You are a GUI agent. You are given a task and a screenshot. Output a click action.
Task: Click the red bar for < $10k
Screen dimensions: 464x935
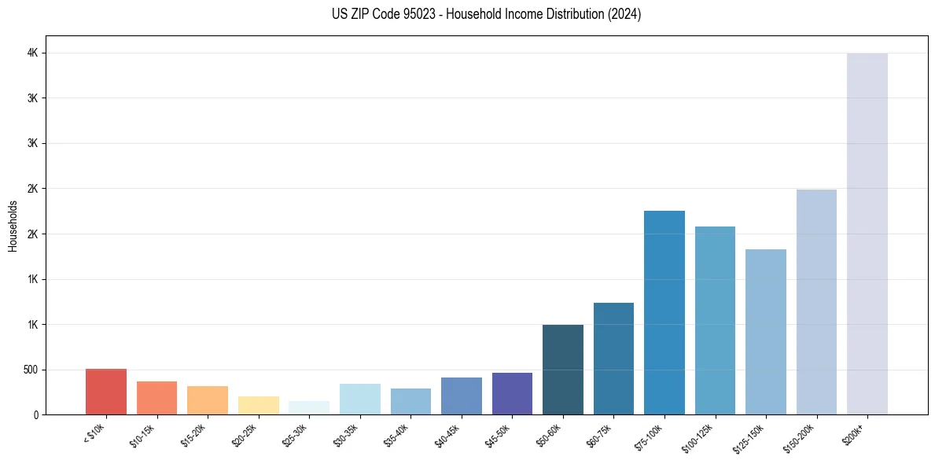106,392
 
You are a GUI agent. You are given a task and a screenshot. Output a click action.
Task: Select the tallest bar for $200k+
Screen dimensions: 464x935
867,234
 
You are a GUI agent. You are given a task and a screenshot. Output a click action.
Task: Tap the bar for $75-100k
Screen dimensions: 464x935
664,312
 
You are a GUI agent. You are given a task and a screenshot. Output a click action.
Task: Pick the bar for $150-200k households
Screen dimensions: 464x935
816,302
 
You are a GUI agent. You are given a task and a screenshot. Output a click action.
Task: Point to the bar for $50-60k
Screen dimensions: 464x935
562,370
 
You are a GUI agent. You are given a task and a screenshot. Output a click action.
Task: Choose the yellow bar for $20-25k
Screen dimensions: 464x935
258,405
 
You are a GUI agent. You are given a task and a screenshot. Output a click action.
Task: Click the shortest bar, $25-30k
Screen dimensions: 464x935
309,407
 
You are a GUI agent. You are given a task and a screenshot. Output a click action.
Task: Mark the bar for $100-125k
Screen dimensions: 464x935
715,320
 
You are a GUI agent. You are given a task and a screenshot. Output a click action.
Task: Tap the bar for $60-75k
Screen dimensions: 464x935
613,359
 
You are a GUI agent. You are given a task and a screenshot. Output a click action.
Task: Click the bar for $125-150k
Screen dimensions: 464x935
765,332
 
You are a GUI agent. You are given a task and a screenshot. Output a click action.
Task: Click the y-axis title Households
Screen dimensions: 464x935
13,226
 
